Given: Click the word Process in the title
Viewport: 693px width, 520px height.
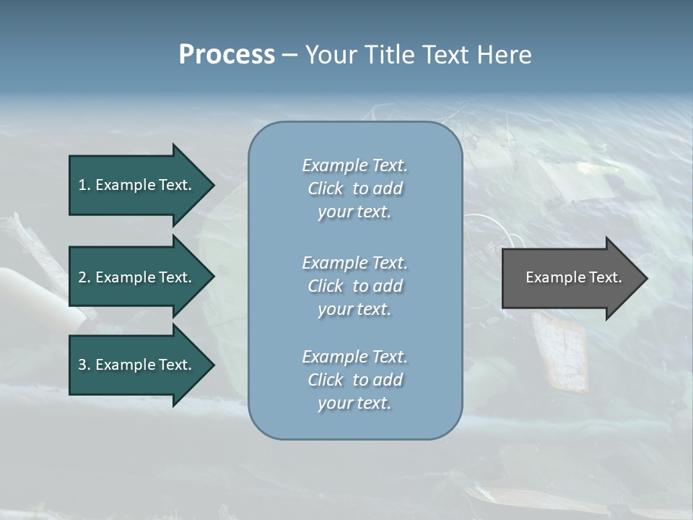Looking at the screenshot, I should point(227,55).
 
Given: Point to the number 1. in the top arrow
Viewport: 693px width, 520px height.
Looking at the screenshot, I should point(84,185).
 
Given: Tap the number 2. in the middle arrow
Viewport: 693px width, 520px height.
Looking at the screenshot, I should point(84,277).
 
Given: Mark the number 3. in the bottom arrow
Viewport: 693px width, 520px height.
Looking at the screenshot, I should point(84,365).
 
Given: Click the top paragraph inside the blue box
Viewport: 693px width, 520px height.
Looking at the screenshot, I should point(354,188).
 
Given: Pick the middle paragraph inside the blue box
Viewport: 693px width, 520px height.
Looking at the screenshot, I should point(354,285).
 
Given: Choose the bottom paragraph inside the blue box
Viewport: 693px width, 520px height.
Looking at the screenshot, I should point(354,380).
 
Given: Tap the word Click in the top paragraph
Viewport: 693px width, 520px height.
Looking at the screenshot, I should point(326,188).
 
